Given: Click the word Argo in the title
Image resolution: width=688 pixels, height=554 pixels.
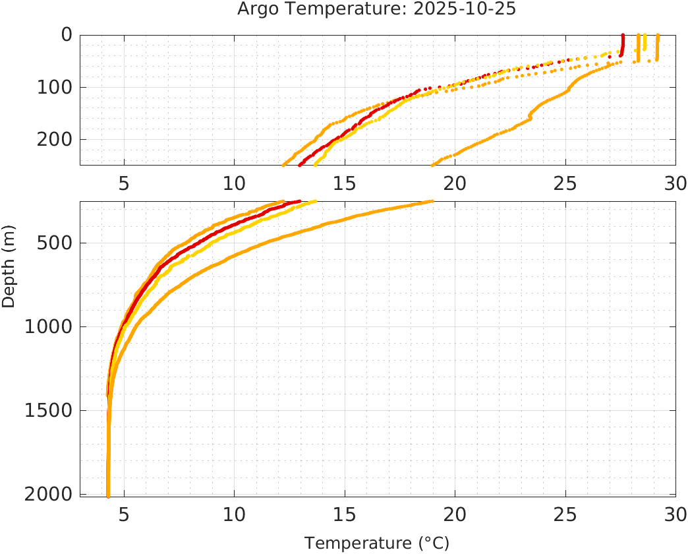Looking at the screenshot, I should pyautogui.click(x=254, y=9).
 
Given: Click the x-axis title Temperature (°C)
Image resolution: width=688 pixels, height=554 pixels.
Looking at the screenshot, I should pyautogui.click(x=377, y=543).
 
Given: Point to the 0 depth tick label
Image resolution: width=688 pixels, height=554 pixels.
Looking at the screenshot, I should pyautogui.click(x=67, y=35).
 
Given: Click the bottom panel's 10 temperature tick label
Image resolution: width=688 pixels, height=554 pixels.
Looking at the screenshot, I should pyautogui.click(x=235, y=513).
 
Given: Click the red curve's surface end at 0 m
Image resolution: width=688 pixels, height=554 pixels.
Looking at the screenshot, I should pyautogui.click(x=623, y=36).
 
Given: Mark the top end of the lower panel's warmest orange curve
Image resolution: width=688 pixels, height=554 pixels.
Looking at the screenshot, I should pyautogui.click(x=432, y=202).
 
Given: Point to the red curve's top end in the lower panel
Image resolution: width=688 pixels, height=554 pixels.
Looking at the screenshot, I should pyautogui.click(x=299, y=202).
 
